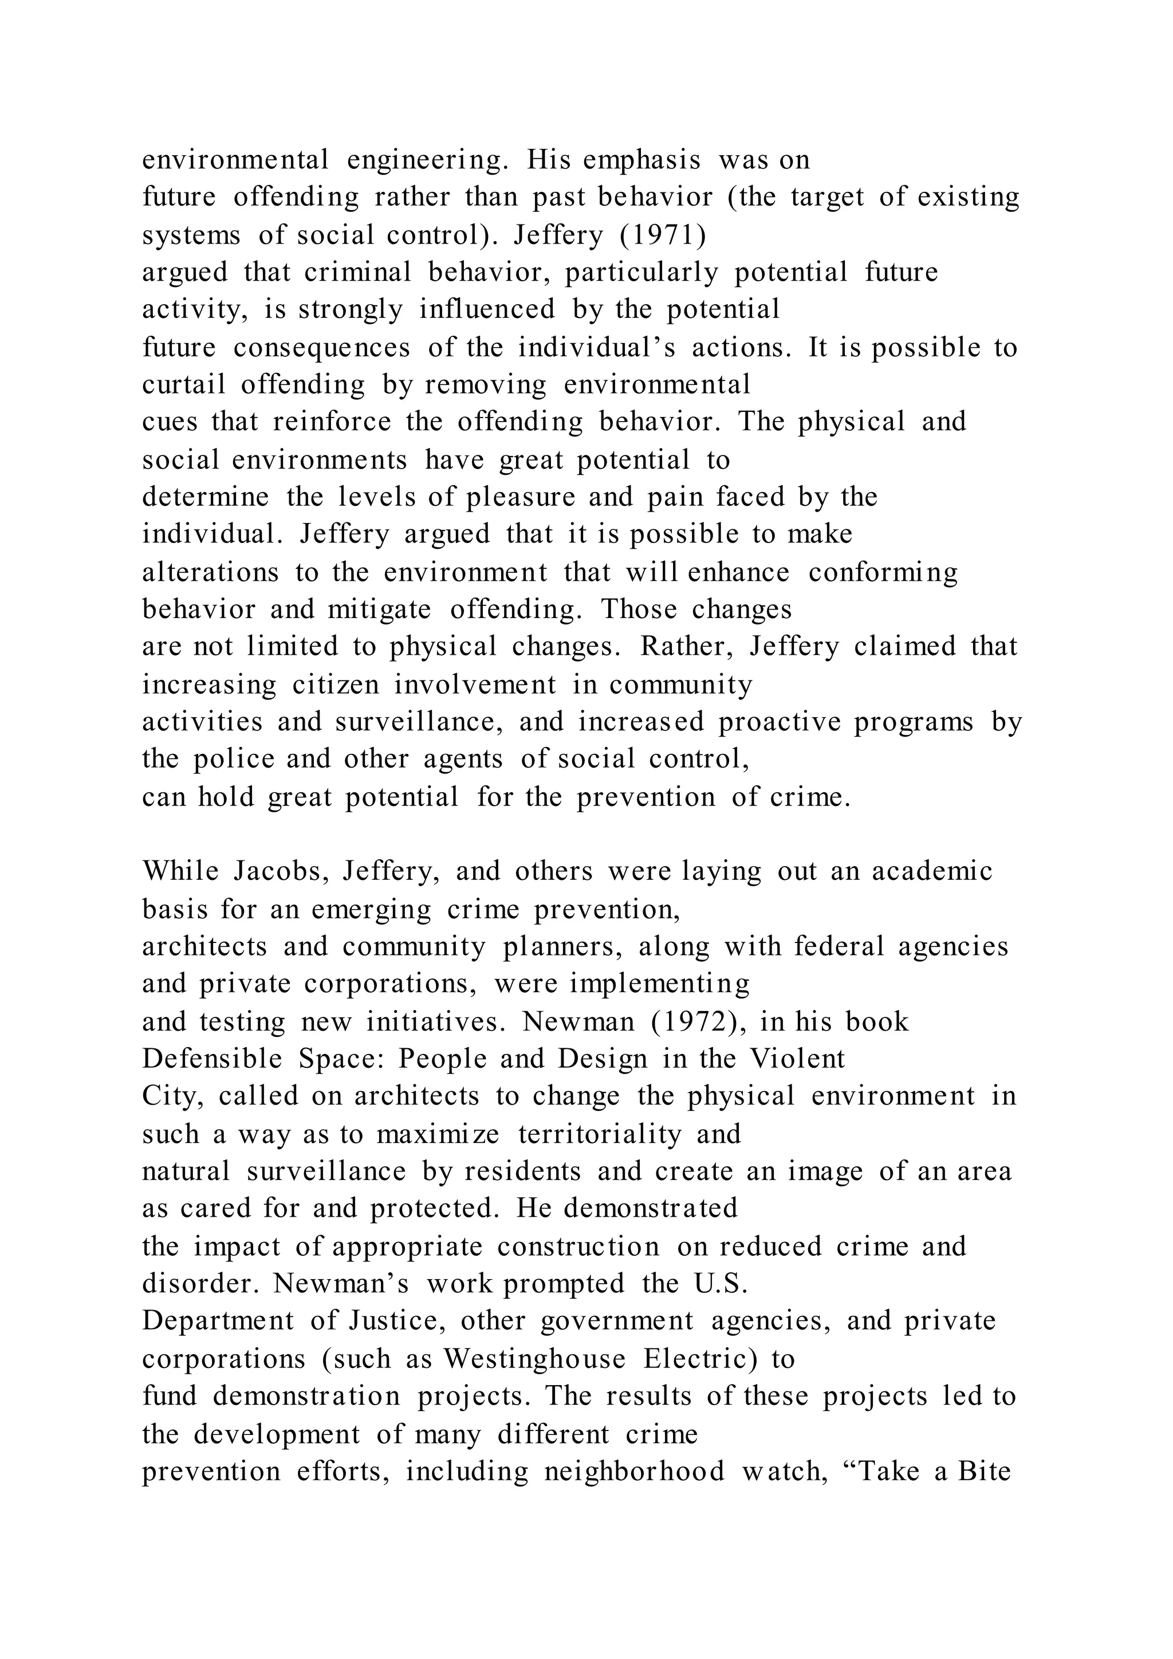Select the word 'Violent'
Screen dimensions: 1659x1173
pyautogui.click(x=797, y=1059)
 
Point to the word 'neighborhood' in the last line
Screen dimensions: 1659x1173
pyautogui.click(x=634, y=1471)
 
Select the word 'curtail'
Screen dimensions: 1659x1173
pyautogui.click(x=183, y=384)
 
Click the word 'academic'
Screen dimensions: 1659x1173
pyautogui.click(x=932, y=871)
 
